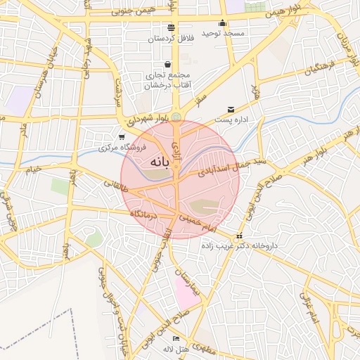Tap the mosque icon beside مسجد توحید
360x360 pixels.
pos(222,22)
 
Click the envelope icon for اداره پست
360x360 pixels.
pos(231,110)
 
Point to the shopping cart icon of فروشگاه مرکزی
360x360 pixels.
pos(122,136)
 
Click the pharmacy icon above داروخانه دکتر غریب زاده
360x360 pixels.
pos(240,236)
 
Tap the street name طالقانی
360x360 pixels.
pos(115,186)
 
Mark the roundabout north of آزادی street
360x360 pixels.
pos(176,116)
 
